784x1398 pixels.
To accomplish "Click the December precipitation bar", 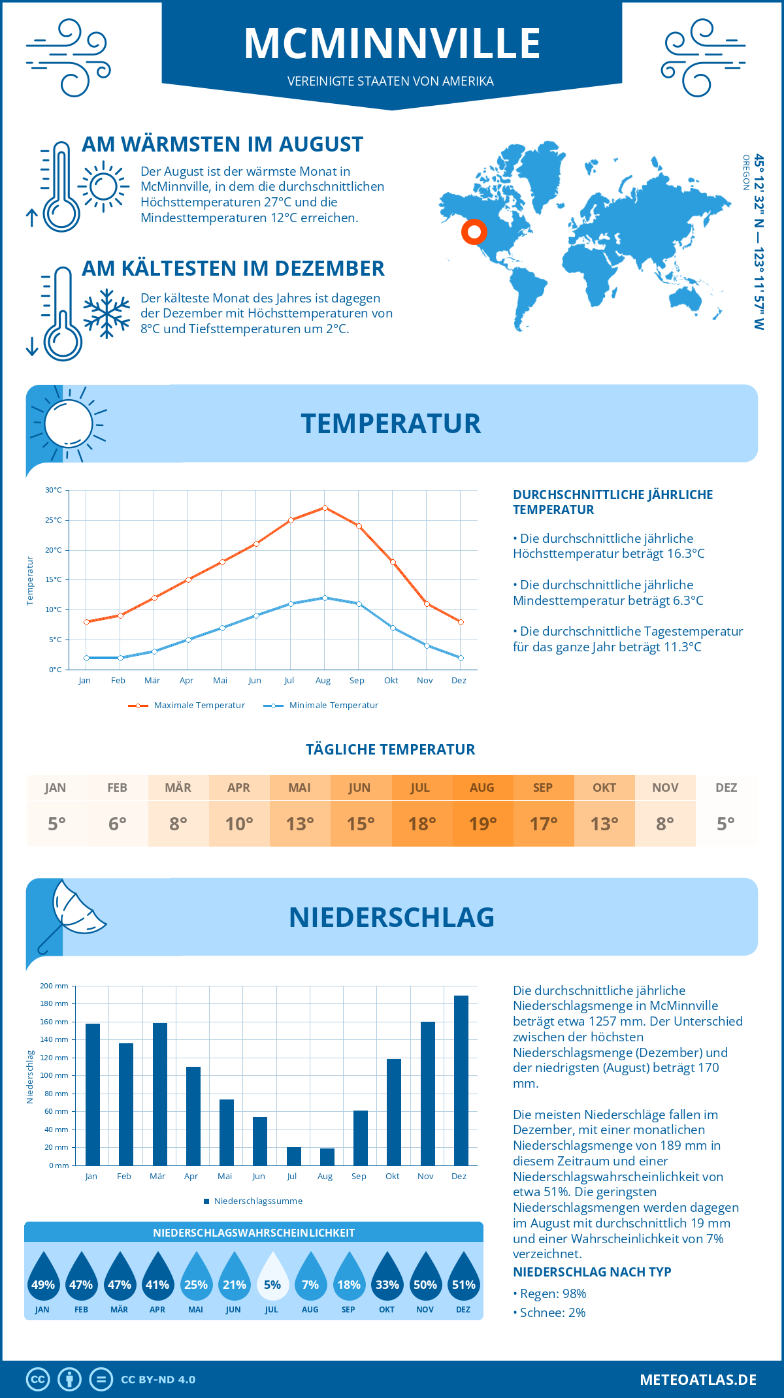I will (461, 1081).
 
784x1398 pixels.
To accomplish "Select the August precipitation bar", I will (327, 1157).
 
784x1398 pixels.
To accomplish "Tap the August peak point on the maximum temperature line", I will (325, 508).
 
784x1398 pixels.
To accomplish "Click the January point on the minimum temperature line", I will (86, 658).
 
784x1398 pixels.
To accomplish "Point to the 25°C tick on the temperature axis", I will (54, 520).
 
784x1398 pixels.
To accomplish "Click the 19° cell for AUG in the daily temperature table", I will (483, 824).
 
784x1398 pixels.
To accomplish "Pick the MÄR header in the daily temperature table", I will (178, 788).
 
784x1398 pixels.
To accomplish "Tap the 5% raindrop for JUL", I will (272, 1278).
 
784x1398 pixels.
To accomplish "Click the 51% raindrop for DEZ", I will (463, 1278).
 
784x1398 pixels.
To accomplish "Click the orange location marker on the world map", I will (474, 231).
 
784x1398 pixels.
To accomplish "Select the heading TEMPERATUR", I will (391, 423).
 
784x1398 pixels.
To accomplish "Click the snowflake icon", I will (106, 313).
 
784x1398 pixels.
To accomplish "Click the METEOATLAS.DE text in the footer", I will (698, 1380).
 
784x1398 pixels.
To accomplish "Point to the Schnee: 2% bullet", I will (550, 1312).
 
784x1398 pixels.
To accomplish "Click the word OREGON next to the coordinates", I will (745, 172).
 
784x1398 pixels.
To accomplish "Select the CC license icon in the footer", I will (38, 1380).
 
